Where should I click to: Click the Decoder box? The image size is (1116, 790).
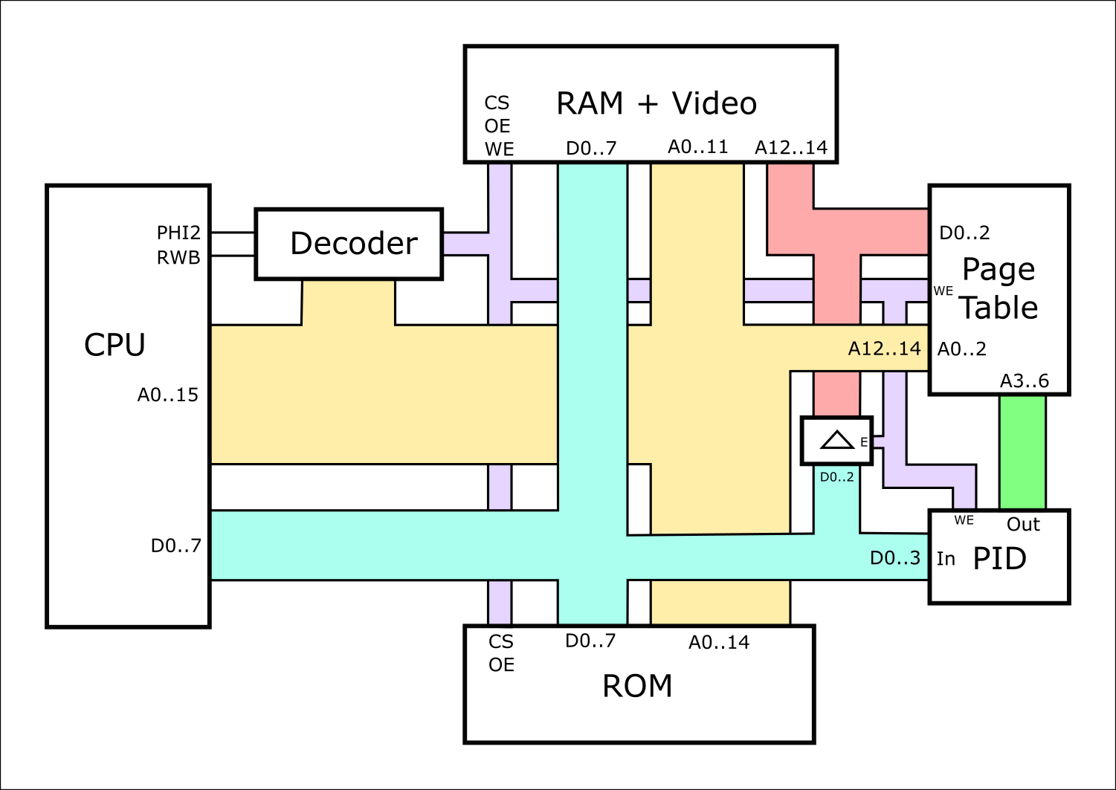tap(349, 244)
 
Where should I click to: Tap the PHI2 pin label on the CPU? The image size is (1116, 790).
tap(178, 233)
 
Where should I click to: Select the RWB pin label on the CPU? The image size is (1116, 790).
tap(178, 257)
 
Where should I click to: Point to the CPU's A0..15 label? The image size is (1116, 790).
tap(168, 395)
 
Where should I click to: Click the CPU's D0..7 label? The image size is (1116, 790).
tap(176, 545)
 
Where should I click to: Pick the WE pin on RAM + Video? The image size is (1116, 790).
tap(499, 149)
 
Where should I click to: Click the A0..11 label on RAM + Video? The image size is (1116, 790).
tap(697, 146)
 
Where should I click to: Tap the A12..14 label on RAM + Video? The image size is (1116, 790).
tap(791, 147)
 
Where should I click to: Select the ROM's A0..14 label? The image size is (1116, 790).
tap(719, 642)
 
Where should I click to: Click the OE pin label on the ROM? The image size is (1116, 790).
tap(501, 664)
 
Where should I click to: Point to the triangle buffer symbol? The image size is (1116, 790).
tap(836, 440)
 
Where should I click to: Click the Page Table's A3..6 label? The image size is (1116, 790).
tap(1024, 381)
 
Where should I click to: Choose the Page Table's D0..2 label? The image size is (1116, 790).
tap(964, 233)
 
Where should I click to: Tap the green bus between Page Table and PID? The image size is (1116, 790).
tap(1022, 452)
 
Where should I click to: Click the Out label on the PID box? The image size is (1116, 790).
tap(1023, 524)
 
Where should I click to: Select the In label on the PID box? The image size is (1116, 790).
tap(946, 558)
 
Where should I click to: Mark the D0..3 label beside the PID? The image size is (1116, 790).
tap(895, 557)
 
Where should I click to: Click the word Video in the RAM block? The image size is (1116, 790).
tap(714, 103)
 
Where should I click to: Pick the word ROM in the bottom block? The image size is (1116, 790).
tap(637, 686)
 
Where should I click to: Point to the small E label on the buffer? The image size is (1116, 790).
tap(864, 442)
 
